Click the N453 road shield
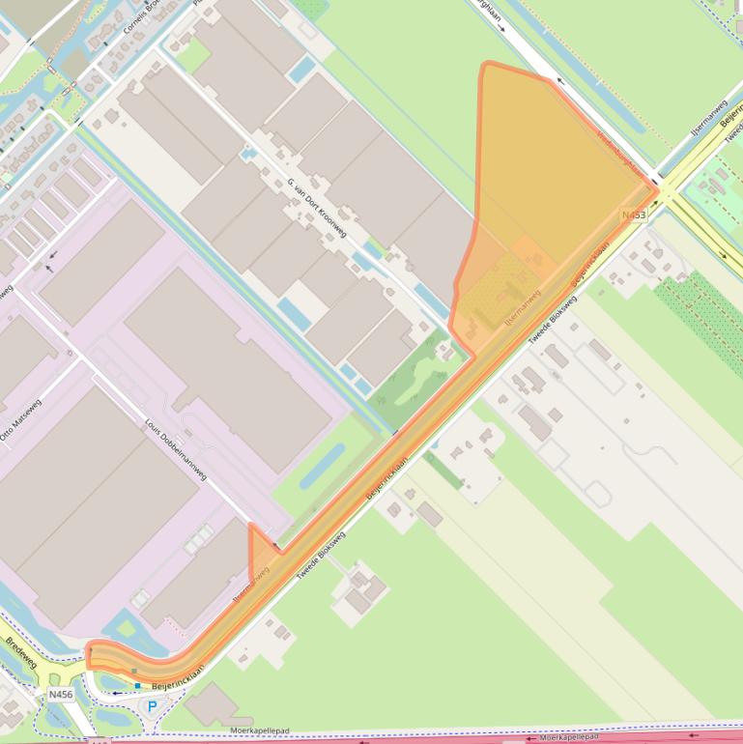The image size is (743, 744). (634, 215)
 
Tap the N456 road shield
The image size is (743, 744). (60, 694)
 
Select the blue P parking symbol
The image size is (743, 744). (152, 706)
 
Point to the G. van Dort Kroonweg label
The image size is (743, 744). (317, 208)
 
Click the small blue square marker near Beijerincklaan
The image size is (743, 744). (138, 686)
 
